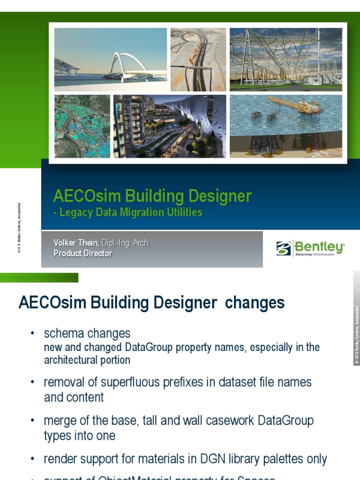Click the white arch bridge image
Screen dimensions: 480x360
(x=110, y=60)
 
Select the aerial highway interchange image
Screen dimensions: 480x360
(x=198, y=60)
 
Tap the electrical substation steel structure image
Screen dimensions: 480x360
(x=285, y=60)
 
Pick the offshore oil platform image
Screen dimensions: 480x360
(x=285, y=126)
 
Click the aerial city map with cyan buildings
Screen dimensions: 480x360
(x=82, y=126)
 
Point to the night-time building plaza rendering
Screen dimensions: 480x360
(x=170, y=126)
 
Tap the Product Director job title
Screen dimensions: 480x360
(x=82, y=254)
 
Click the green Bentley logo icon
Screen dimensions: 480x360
(x=284, y=248)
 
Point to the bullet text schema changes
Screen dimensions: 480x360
(x=87, y=333)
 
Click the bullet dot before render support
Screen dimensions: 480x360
(x=32, y=459)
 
